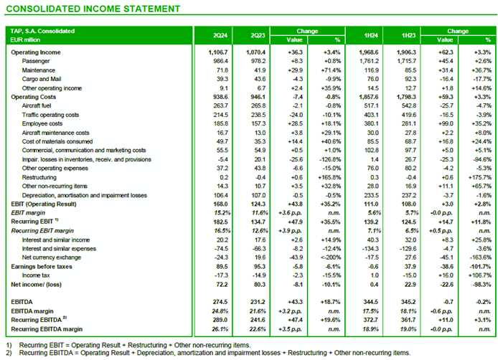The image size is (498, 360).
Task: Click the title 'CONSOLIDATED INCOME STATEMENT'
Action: pos(93,9)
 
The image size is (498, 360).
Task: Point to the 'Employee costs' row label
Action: pos(44,123)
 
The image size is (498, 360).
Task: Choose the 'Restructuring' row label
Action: pos(42,176)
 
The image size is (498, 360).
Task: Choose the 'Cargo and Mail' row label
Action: pos(44,79)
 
